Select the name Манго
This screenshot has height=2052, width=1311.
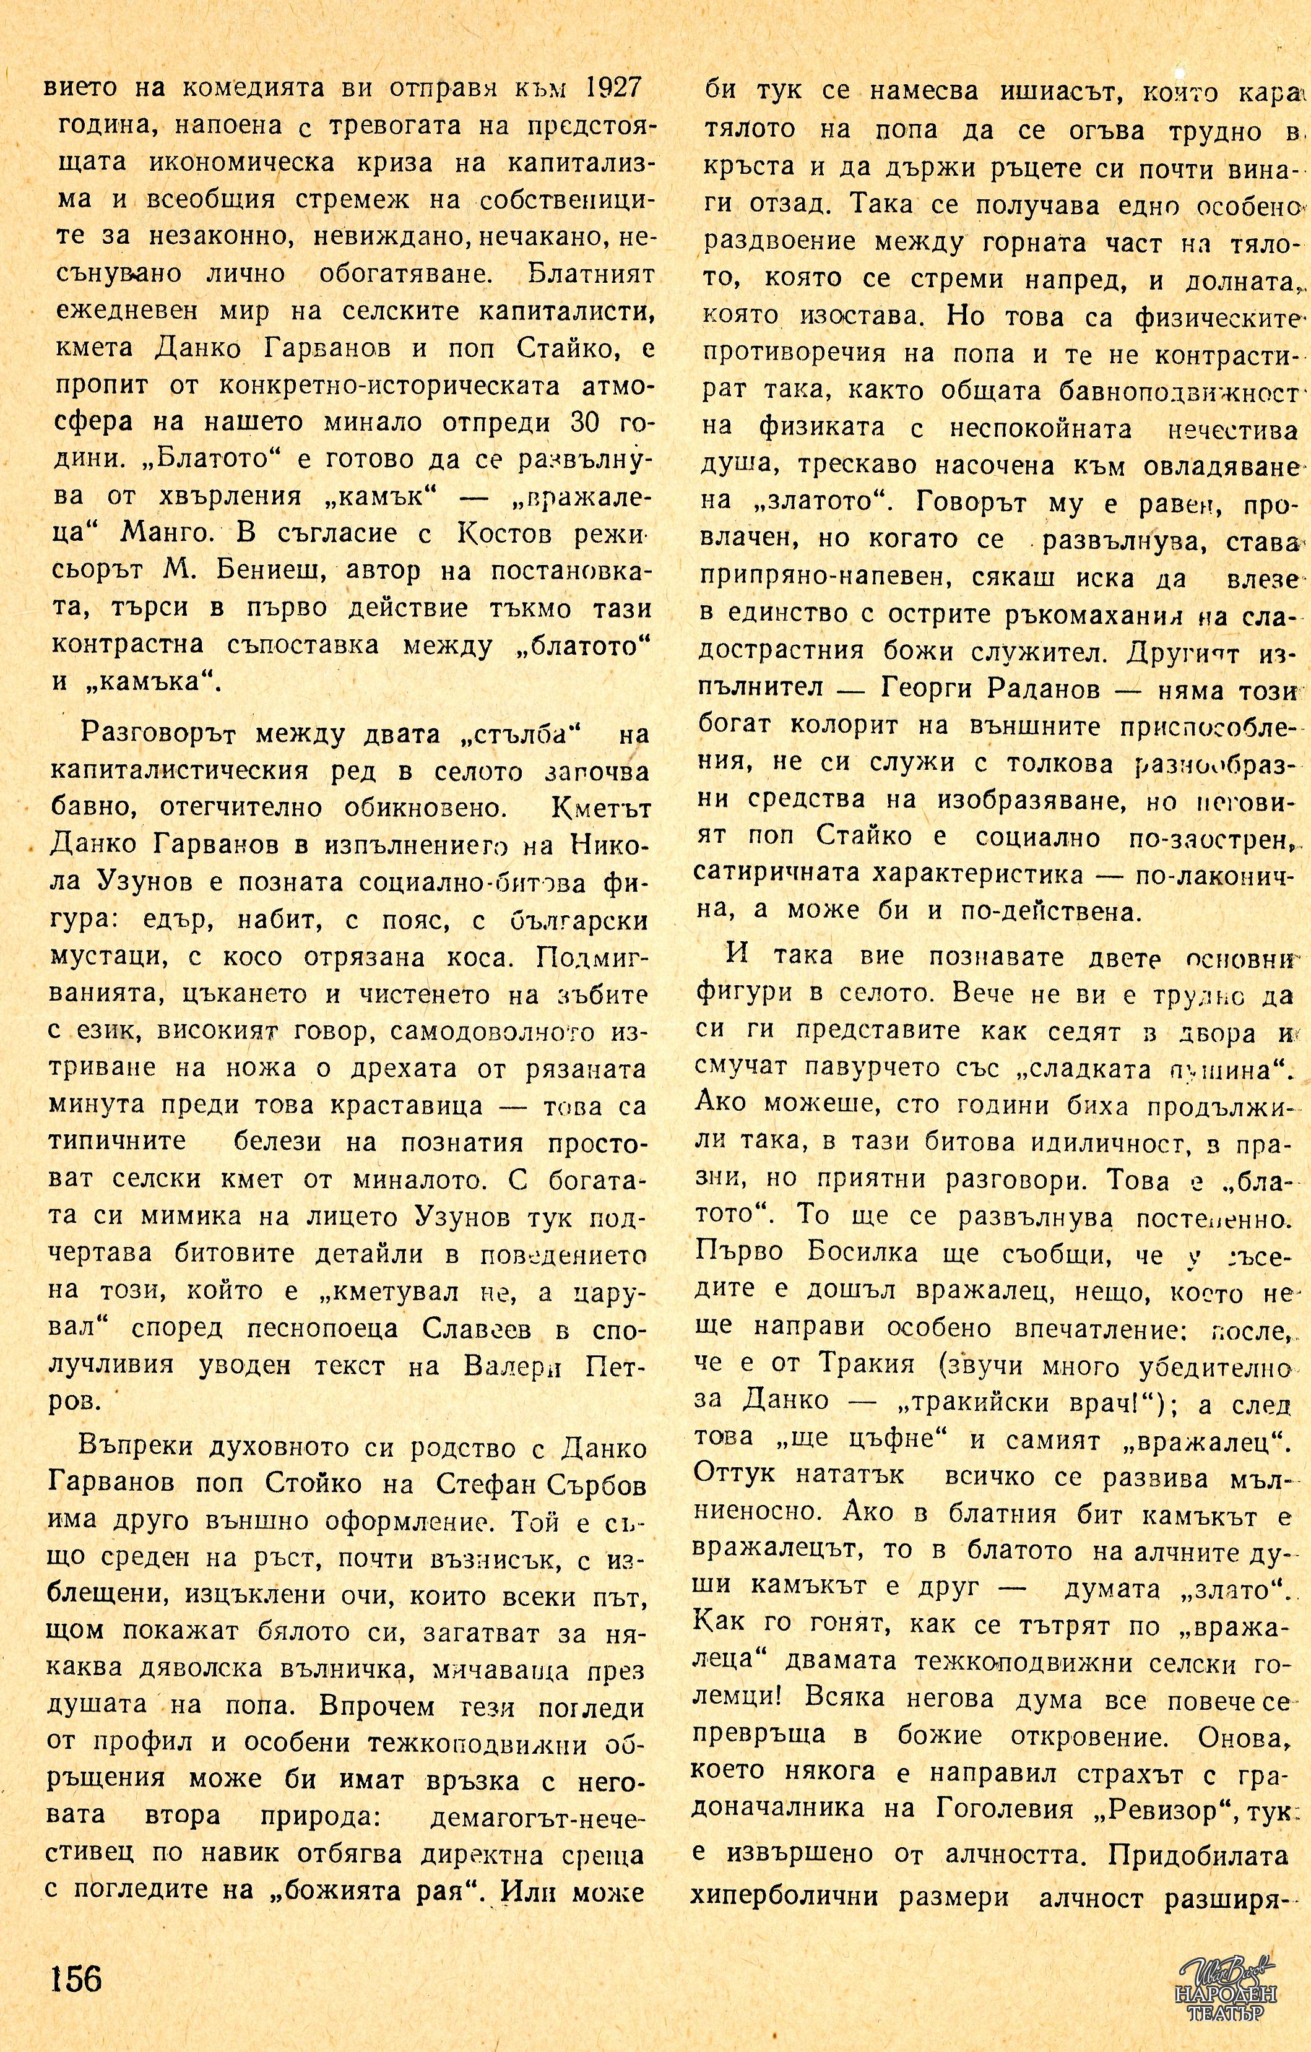coord(170,534)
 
